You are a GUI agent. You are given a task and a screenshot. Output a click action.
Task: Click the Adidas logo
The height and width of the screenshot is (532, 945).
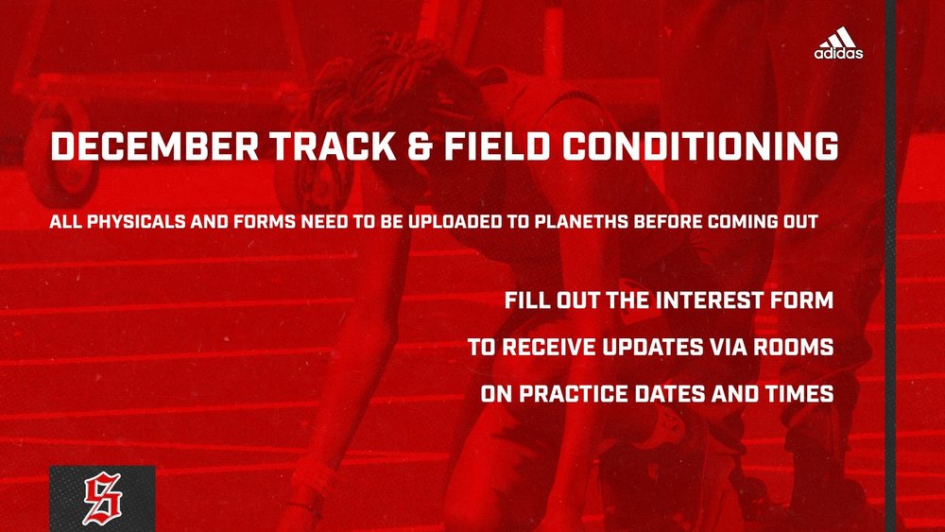838,43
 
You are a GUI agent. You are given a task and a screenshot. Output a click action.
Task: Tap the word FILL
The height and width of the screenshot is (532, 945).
527,302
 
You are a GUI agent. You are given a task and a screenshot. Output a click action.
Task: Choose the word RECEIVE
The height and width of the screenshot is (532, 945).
548,348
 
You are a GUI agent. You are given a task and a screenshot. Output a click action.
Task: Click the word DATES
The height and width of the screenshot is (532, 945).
692,393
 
